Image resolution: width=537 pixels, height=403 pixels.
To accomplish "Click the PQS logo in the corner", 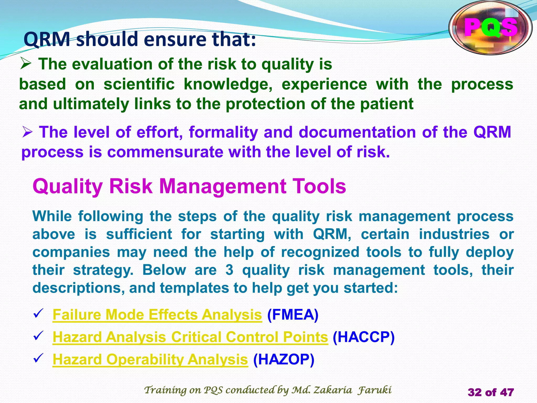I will (490, 28).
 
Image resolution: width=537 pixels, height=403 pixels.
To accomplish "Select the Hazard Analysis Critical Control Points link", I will (190, 337).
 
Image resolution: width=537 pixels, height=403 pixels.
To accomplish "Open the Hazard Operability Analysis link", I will (150, 359).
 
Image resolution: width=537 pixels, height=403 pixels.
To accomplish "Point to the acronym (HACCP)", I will (363, 337).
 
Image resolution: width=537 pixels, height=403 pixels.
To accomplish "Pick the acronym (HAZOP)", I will (283, 359).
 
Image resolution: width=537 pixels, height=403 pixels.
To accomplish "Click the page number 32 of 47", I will (491, 393).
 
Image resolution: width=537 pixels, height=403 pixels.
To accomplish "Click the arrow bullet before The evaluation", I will (26, 64).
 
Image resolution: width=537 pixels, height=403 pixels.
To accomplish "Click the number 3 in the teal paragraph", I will (229, 270).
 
